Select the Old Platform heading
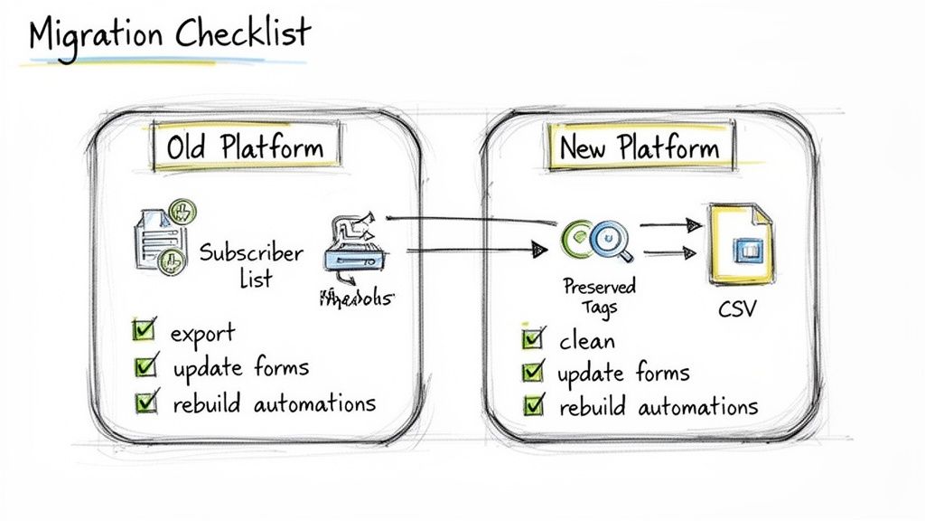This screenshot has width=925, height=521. [x=244, y=146]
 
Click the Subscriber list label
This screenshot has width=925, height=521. [x=251, y=264]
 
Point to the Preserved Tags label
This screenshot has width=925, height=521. [x=599, y=297]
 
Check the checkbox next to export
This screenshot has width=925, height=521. [x=144, y=330]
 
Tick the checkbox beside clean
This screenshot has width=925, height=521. [x=533, y=339]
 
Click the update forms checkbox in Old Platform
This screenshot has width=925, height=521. [x=144, y=366]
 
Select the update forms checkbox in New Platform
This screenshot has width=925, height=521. [x=533, y=372]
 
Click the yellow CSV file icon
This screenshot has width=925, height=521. [x=740, y=243]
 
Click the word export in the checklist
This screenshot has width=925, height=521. [x=202, y=332]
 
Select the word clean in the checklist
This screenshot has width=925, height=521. [x=587, y=341]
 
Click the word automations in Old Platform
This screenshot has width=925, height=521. [x=313, y=403]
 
